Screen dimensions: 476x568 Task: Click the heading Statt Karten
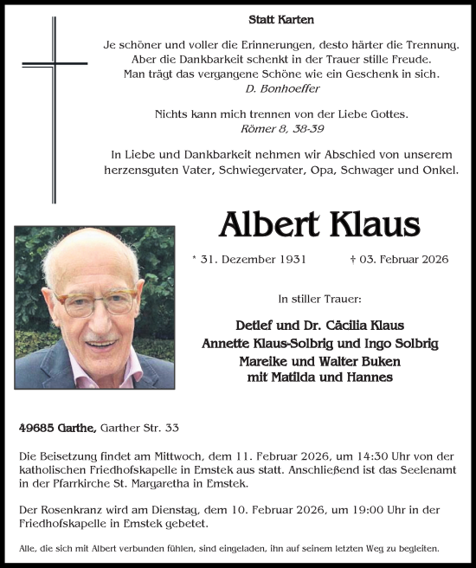(x=281, y=19)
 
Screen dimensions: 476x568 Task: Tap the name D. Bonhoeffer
(x=281, y=89)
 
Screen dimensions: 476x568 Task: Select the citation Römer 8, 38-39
(x=281, y=128)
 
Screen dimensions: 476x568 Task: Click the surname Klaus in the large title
(x=372, y=225)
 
